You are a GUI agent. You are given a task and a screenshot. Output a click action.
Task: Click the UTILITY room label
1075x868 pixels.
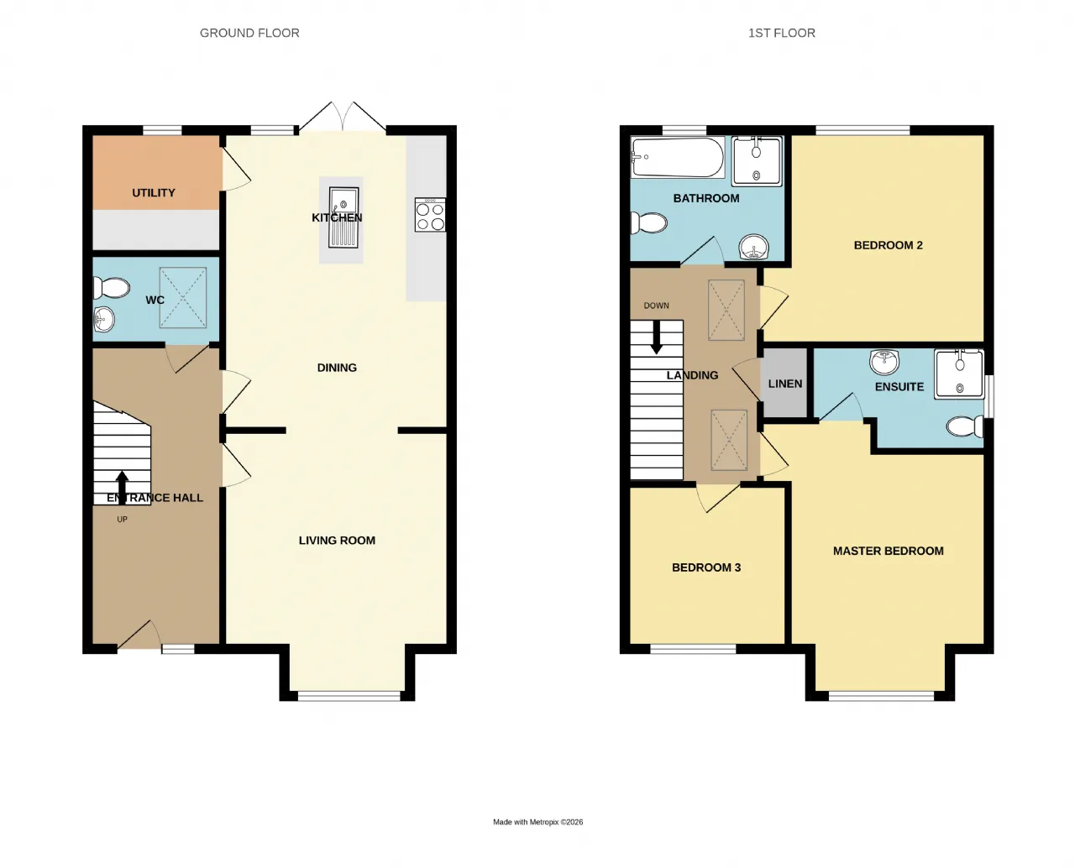click(x=154, y=193)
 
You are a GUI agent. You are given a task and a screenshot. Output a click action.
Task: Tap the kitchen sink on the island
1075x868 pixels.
click(x=343, y=217)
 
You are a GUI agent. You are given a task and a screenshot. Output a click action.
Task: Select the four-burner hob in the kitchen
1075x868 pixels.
click(x=430, y=215)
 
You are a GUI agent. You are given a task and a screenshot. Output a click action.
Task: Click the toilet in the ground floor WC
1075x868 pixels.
click(x=112, y=288)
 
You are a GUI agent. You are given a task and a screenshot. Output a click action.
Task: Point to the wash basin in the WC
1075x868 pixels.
click(x=104, y=319)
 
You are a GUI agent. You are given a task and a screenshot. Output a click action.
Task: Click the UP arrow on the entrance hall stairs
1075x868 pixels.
click(x=122, y=488)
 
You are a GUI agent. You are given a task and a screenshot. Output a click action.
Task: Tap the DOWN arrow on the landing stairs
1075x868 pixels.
click(x=657, y=337)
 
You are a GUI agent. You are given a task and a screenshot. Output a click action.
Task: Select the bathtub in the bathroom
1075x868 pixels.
click(x=677, y=157)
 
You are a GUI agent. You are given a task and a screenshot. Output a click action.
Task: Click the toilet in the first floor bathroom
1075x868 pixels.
click(x=649, y=223)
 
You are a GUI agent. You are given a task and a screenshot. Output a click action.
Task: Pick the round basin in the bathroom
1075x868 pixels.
click(x=754, y=247)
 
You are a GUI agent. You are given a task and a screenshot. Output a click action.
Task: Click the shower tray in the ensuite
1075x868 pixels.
click(x=959, y=374)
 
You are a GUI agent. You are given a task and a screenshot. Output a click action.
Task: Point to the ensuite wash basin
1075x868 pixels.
click(x=884, y=362)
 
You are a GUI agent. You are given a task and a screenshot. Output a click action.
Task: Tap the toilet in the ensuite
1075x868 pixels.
click(x=965, y=426)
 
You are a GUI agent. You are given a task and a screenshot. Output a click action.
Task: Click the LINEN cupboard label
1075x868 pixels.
click(x=785, y=384)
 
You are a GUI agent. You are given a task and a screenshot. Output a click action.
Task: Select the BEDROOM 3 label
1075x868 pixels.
click(x=706, y=567)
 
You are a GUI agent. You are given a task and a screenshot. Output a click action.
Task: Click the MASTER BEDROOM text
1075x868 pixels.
click(x=889, y=551)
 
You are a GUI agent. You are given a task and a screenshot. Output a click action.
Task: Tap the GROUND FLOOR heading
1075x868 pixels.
click(x=249, y=33)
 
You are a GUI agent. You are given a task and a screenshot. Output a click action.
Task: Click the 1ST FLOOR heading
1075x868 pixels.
click(x=781, y=33)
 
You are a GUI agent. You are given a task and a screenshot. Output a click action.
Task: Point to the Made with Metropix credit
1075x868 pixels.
click(x=538, y=822)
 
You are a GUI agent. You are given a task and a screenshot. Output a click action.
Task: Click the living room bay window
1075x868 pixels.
click(x=349, y=696)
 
